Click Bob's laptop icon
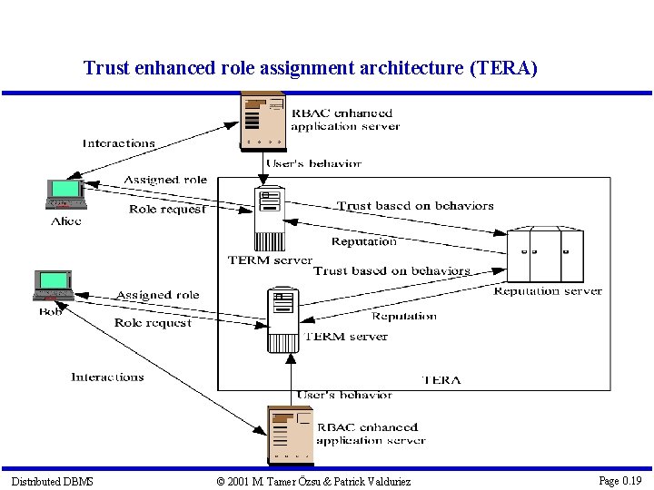click(x=54, y=285)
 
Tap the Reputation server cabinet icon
click(x=545, y=255)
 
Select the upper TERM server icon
click(x=270, y=218)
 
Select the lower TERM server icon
click(x=283, y=319)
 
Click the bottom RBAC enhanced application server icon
click(x=290, y=435)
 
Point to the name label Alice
click(x=66, y=220)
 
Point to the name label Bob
click(x=51, y=311)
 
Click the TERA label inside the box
click(x=441, y=379)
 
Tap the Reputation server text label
click(x=548, y=291)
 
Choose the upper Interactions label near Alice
click(x=119, y=143)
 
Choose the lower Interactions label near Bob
click(x=107, y=377)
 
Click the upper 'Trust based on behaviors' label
click(x=415, y=206)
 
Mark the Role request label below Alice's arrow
click(x=166, y=210)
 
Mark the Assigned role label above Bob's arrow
click(x=157, y=295)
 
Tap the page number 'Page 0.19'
click(x=619, y=480)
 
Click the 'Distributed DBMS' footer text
click(x=52, y=481)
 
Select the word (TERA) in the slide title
click(x=503, y=68)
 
